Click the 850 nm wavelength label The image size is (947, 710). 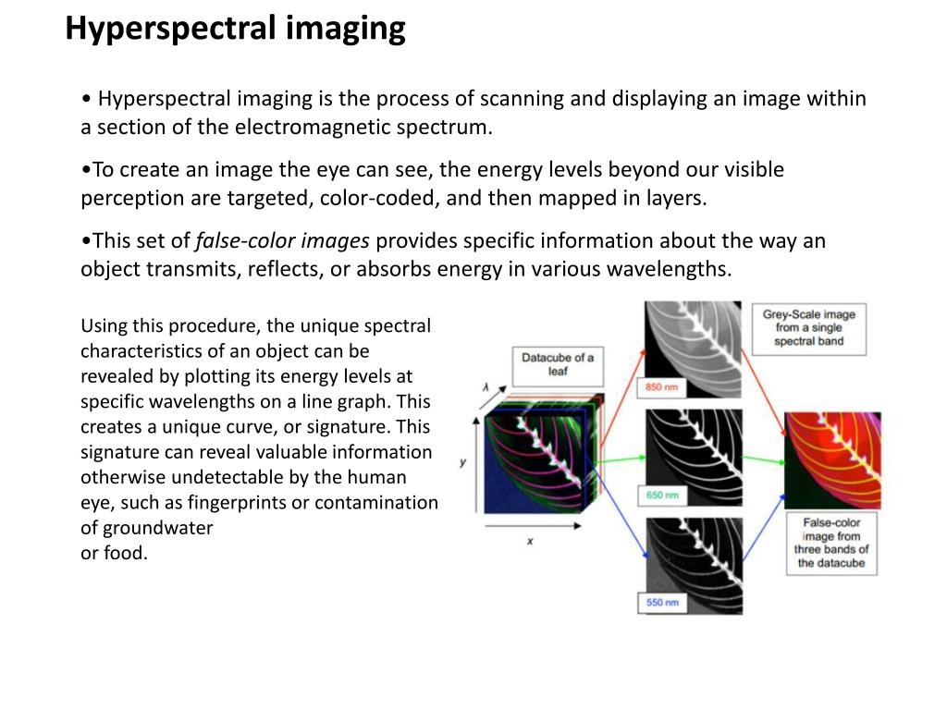point(661,387)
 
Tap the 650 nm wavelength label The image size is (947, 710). point(662,496)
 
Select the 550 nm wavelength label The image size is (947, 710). point(662,603)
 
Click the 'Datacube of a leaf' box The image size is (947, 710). point(558,366)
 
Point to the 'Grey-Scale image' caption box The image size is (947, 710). point(808,328)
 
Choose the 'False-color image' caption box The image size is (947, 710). point(831,544)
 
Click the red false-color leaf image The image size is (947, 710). point(832,460)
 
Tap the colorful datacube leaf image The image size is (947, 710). point(535,460)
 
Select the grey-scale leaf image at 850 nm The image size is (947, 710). point(693,349)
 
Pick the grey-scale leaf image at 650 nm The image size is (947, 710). point(694,457)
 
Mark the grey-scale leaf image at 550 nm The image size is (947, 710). point(694,566)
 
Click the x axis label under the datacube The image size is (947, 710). point(530,542)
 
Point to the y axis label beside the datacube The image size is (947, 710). point(462,462)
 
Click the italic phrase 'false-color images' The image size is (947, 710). point(282,241)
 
